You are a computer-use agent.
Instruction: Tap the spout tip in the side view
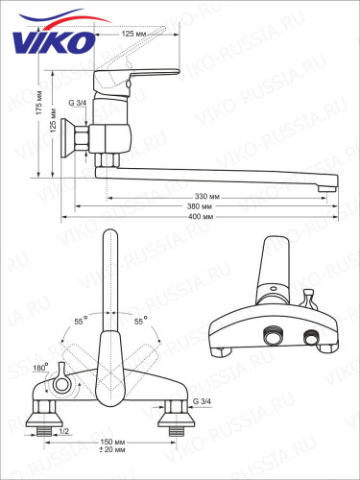332,181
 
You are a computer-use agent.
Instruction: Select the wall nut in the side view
69,145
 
